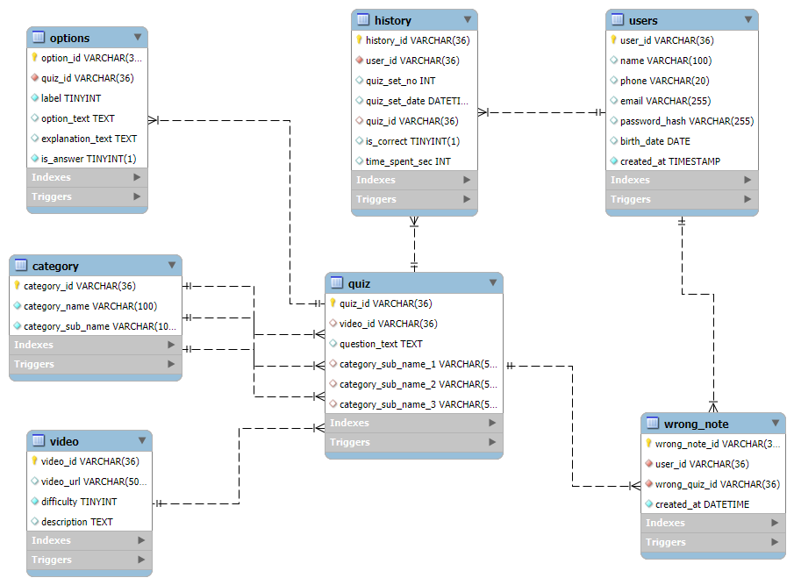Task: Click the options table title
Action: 69,38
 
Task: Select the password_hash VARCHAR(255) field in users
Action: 687,121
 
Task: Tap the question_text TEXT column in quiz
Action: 381,344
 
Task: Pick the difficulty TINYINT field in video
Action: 79,502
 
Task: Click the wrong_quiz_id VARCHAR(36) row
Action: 717,484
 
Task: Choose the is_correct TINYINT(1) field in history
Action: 412,141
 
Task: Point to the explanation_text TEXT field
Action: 89,139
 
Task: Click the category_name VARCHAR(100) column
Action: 90,306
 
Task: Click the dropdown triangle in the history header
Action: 468,20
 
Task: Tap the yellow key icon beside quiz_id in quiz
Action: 333,303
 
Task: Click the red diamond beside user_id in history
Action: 359,61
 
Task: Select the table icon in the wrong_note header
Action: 653,423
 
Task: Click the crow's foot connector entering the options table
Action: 154,120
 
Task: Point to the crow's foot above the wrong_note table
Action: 713,407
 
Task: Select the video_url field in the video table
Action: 94,482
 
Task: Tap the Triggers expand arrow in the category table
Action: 171,364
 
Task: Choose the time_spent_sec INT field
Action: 408,161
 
